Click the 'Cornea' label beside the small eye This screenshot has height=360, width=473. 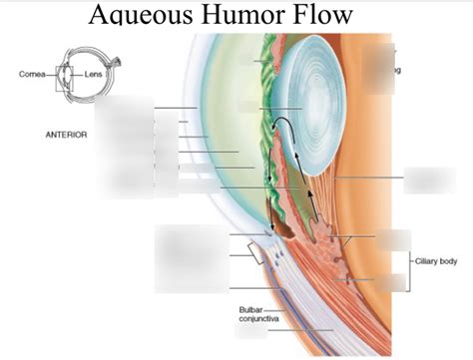30,74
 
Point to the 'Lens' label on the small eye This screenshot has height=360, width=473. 95,74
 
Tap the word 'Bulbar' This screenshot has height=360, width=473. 250,309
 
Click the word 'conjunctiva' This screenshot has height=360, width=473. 258,319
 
